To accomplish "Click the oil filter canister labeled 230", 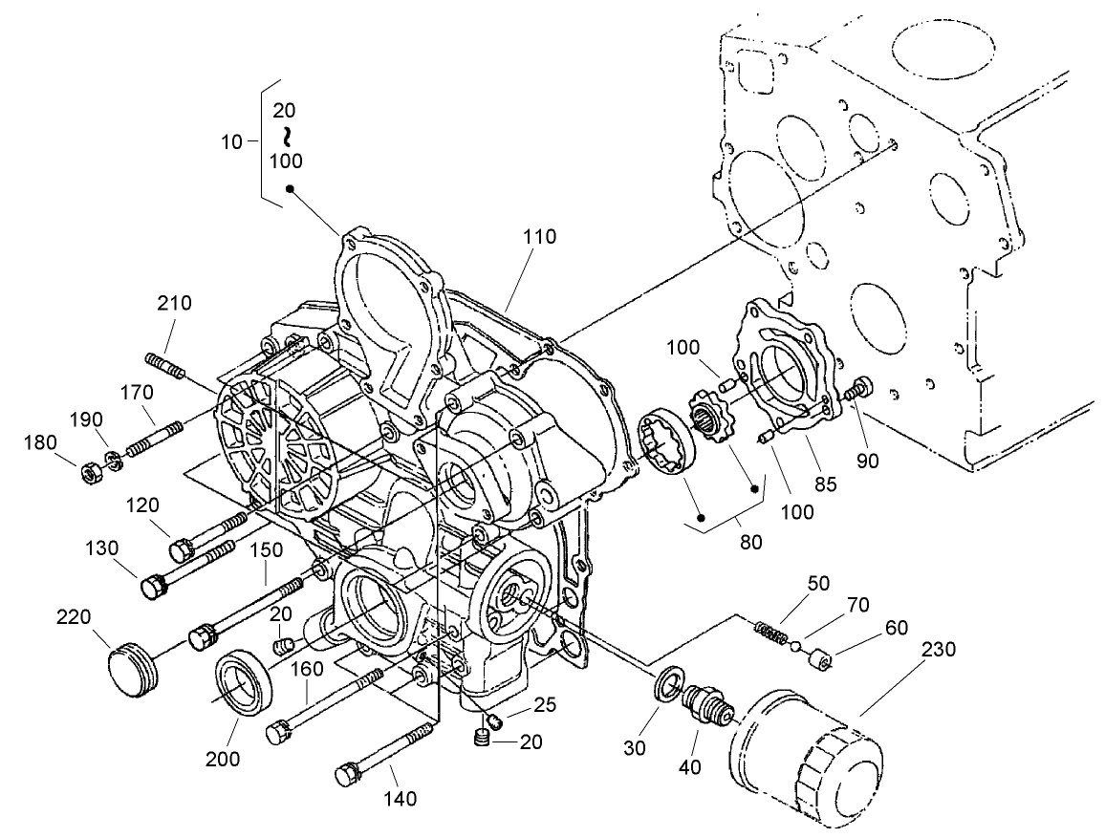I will [x=807, y=755].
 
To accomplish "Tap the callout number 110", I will [x=539, y=238].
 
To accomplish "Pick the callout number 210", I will [x=174, y=304].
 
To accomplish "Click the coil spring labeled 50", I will [x=770, y=633].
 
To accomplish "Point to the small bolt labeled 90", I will [x=859, y=388].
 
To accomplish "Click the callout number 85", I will [x=824, y=483].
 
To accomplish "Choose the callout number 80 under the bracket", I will [x=750, y=542].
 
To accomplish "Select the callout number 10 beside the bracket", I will [x=231, y=141].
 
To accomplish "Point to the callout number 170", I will [x=136, y=392].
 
